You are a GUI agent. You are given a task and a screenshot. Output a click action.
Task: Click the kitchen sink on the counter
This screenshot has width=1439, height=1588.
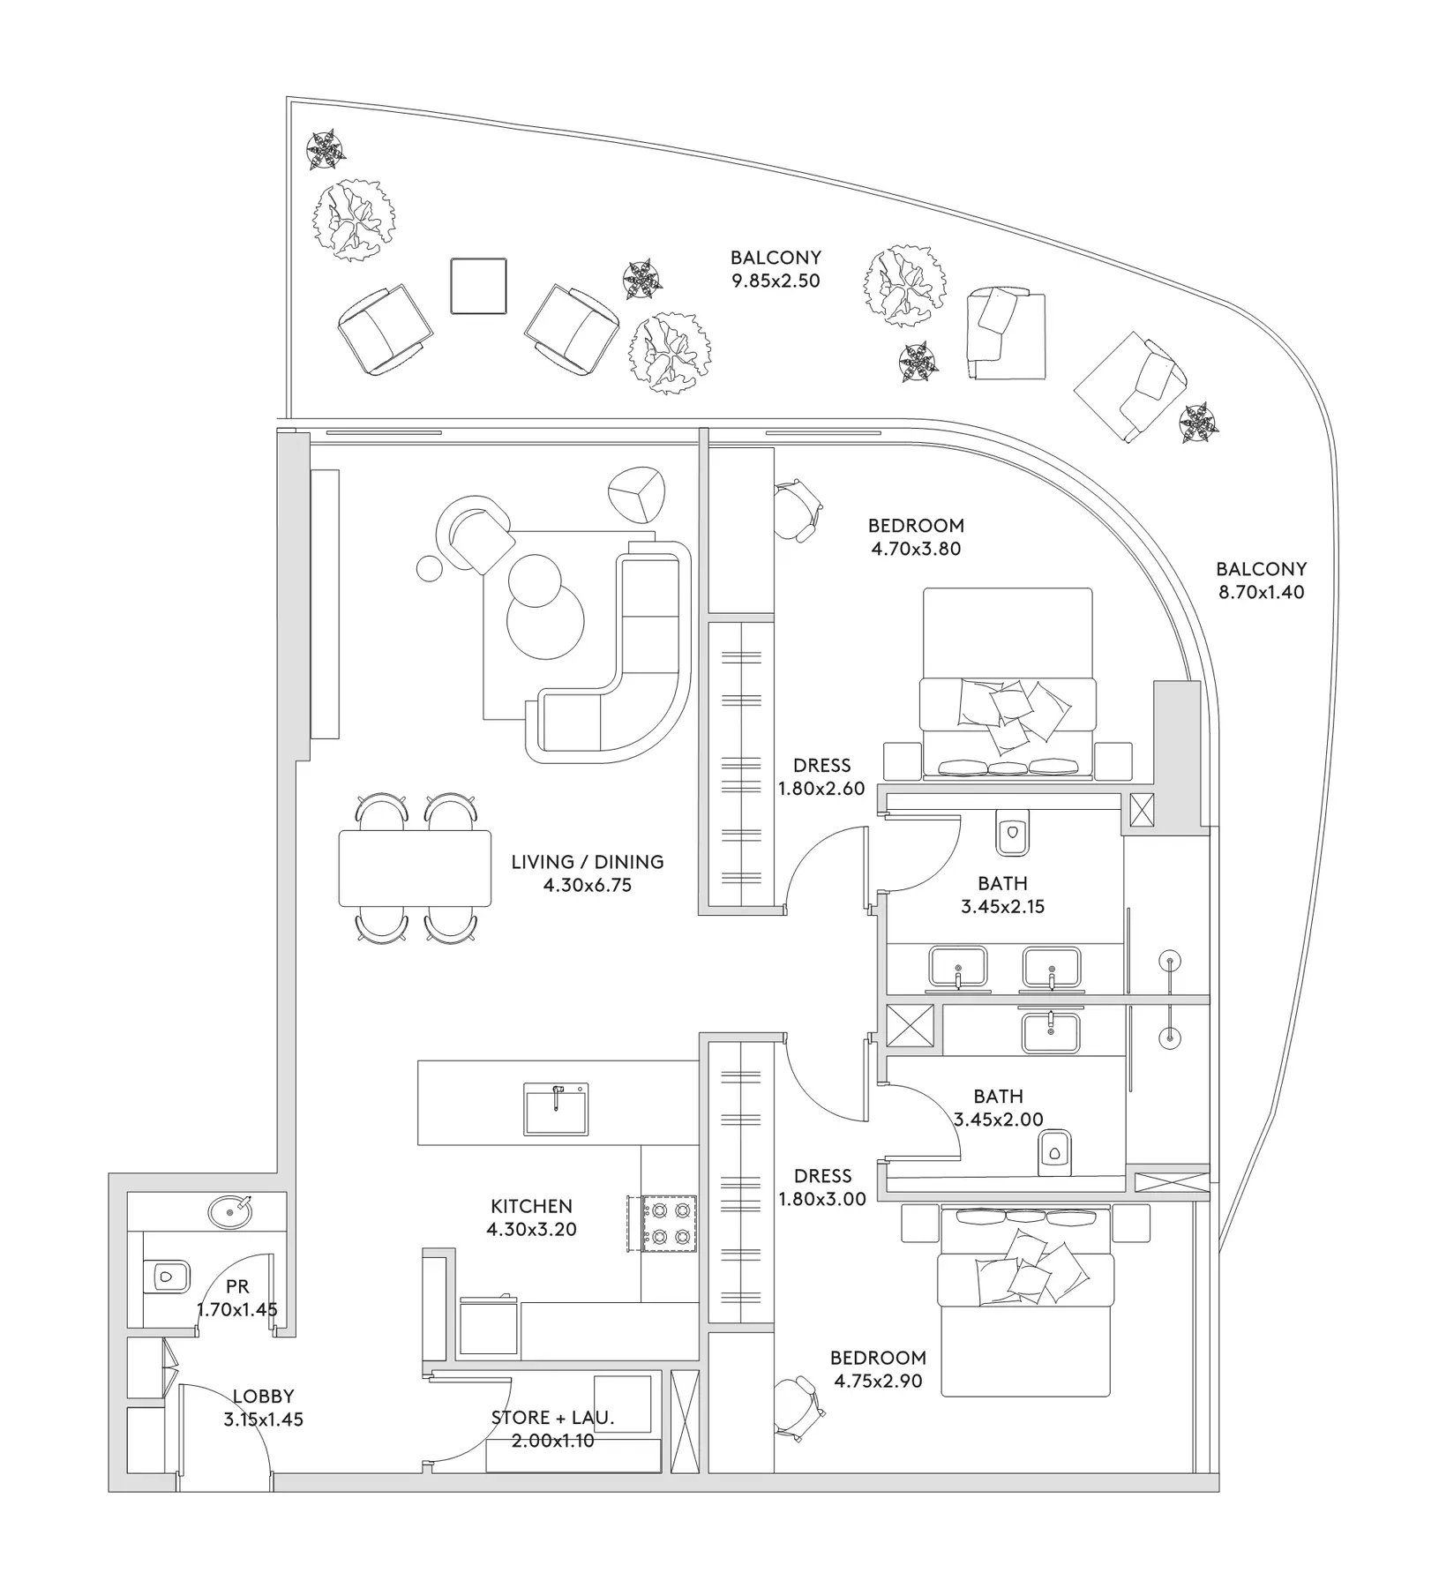pyautogui.click(x=556, y=1108)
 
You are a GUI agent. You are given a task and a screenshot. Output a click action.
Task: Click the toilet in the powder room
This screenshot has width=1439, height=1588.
pyautogui.click(x=168, y=1276)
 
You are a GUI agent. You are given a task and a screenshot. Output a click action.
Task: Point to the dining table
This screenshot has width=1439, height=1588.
pyautogui.click(x=415, y=868)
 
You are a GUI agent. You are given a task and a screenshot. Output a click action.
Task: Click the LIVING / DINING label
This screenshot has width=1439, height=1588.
pyautogui.click(x=588, y=862)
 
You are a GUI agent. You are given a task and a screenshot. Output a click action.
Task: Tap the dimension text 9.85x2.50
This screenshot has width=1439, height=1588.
pyautogui.click(x=776, y=281)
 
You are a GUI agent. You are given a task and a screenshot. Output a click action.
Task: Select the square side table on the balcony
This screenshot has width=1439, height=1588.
pyautogui.click(x=478, y=286)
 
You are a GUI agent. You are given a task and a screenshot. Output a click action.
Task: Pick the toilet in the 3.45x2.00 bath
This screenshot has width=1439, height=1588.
pyautogui.click(x=1054, y=1151)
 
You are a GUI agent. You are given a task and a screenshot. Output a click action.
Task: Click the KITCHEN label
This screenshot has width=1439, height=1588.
pyautogui.click(x=531, y=1206)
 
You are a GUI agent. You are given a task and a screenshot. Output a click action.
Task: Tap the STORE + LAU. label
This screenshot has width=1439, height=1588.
pyautogui.click(x=552, y=1418)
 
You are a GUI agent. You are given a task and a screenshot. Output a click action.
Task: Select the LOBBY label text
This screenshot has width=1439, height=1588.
pyautogui.click(x=264, y=1397)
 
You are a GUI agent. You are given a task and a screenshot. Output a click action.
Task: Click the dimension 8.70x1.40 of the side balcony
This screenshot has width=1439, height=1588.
pyautogui.click(x=1261, y=593)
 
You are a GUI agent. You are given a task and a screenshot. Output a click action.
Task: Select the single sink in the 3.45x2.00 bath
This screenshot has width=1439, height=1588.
pyautogui.click(x=1050, y=1032)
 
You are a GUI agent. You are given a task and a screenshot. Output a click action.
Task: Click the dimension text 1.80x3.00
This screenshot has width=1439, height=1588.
pyautogui.click(x=821, y=1199)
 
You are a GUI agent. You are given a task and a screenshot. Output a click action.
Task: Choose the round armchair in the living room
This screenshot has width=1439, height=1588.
pyautogui.click(x=475, y=532)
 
